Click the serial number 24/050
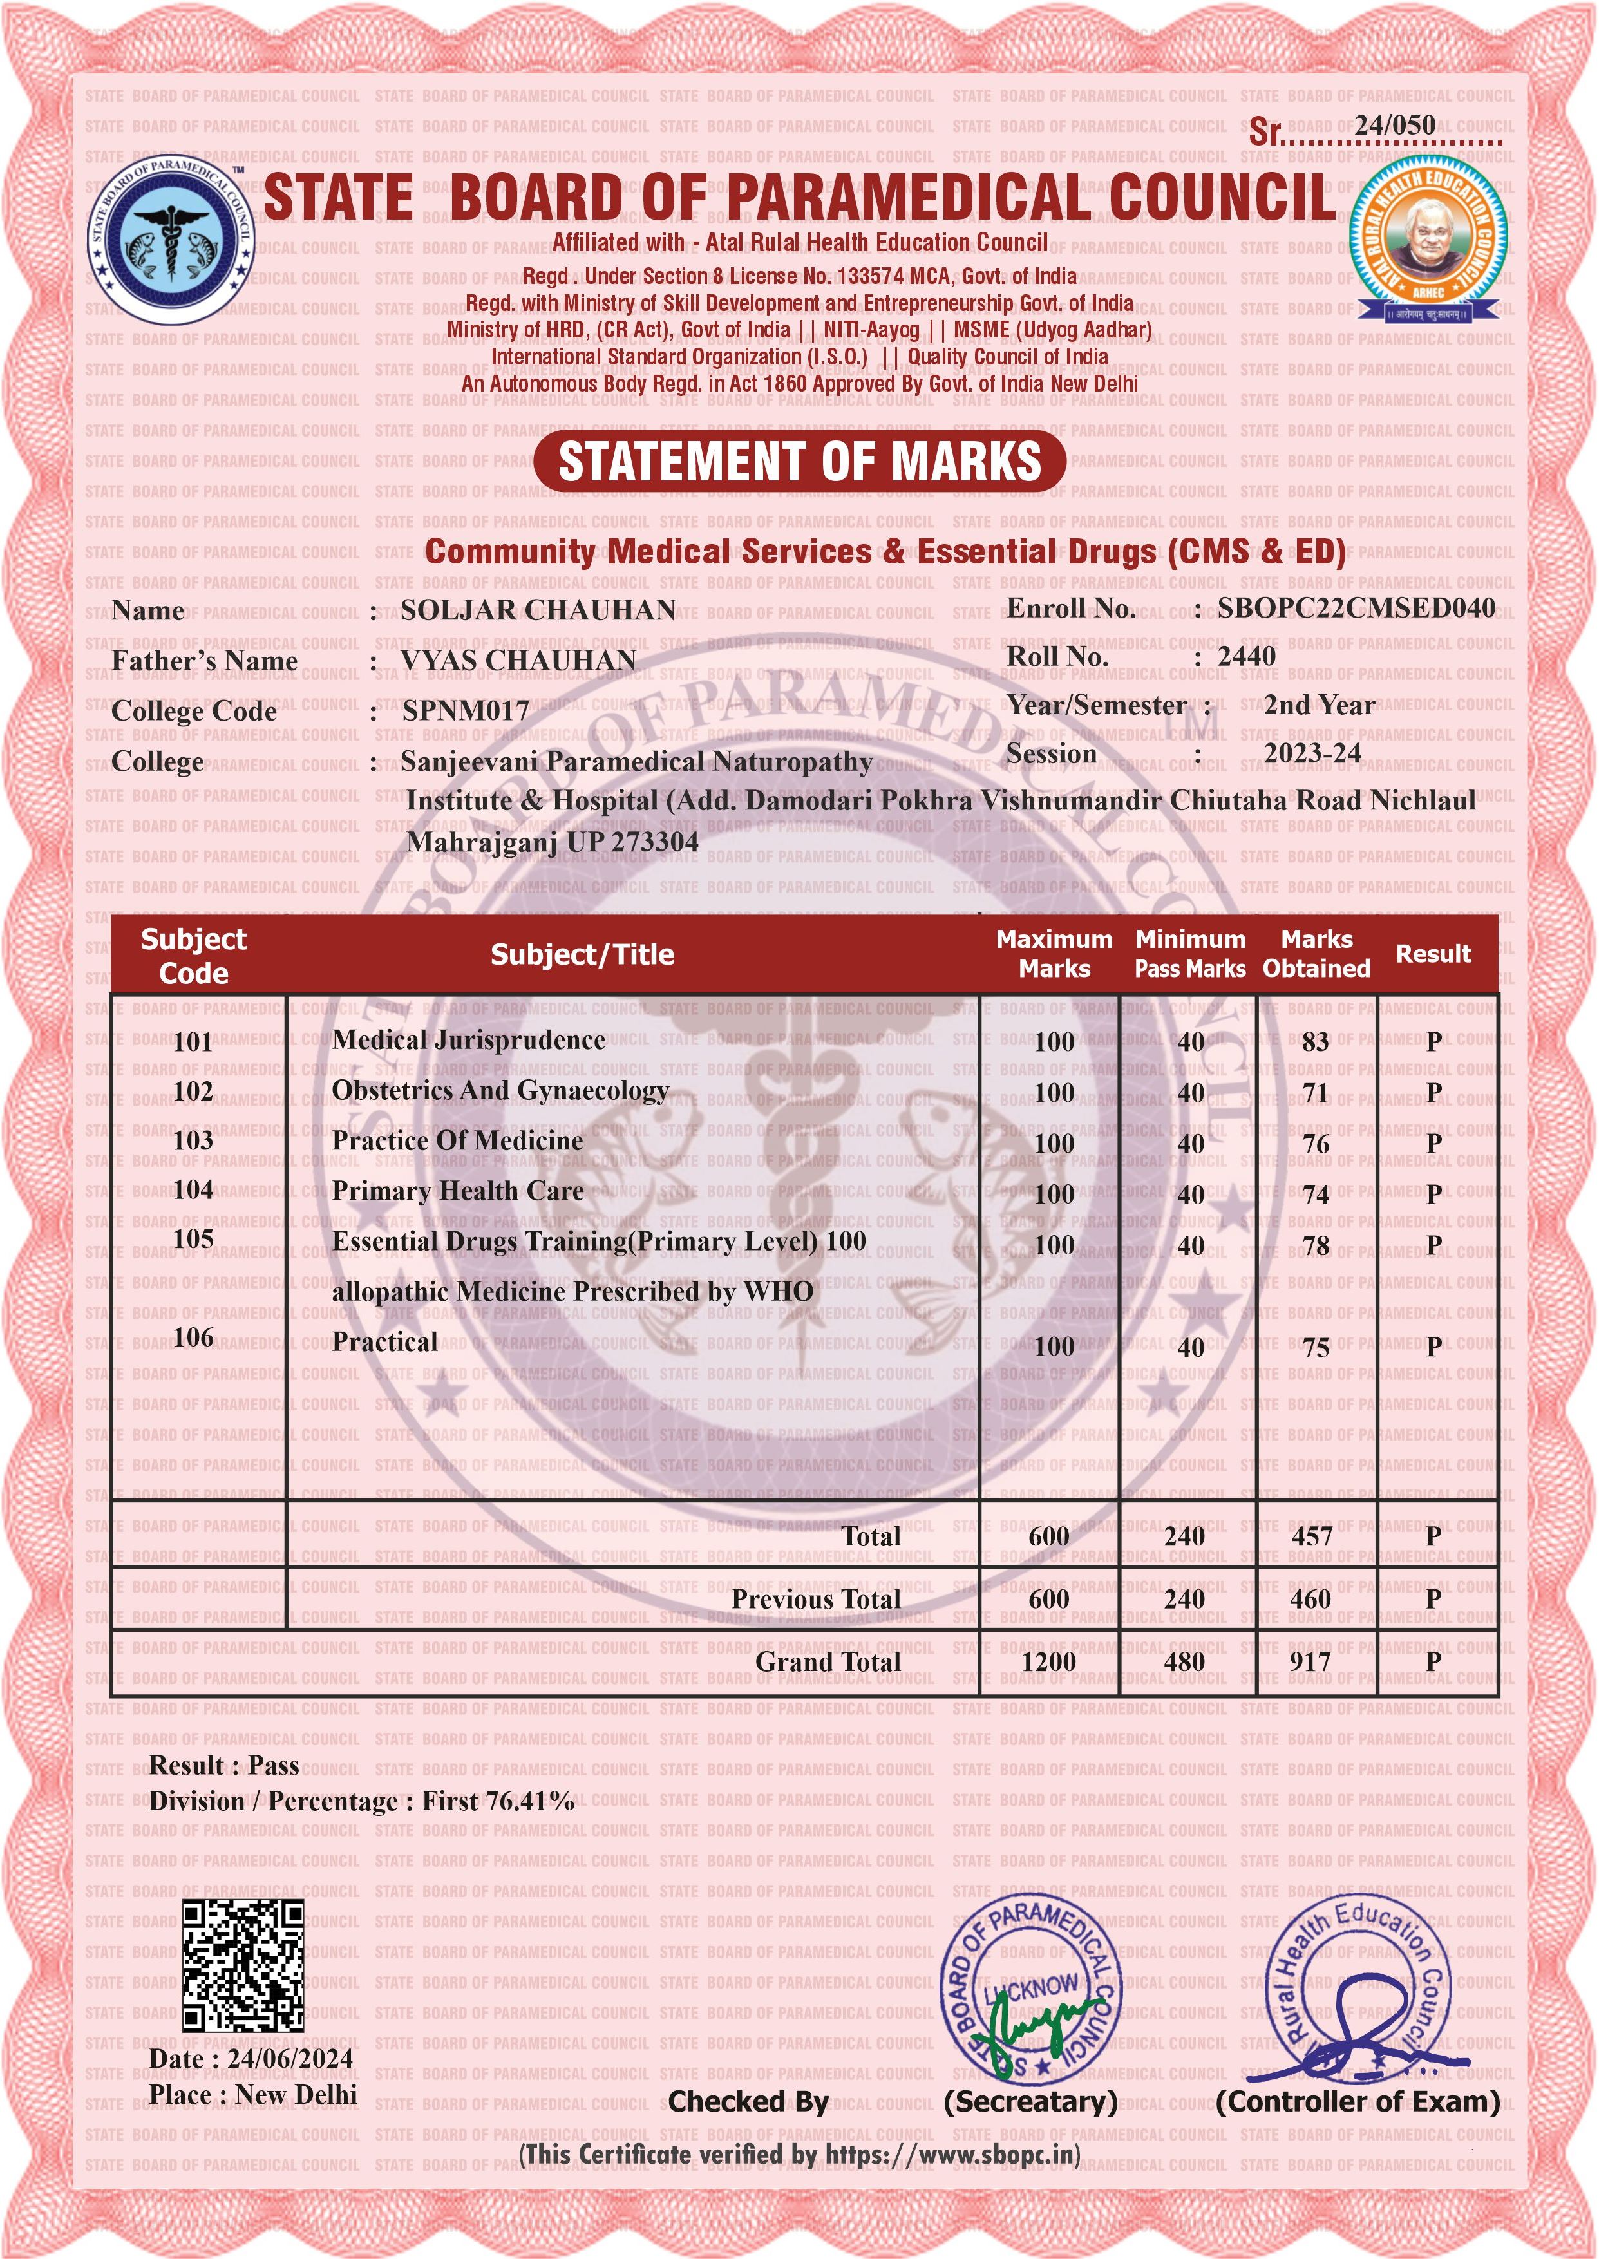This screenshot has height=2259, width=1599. pos(1394,125)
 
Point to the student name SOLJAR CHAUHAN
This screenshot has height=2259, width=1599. pos(538,611)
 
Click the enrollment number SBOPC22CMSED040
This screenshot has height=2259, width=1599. pos(1356,609)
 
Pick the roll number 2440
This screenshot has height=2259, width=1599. pos(1247,657)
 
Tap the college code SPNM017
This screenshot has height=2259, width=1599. pos(466,711)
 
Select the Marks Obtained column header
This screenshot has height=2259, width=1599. pos(1316,954)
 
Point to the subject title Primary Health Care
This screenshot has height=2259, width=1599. pos(458,1191)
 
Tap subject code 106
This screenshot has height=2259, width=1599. pos(193,1337)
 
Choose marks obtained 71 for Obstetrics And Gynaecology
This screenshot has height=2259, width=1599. pos(1316,1093)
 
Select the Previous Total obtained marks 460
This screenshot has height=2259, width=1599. pos(1310,1600)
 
